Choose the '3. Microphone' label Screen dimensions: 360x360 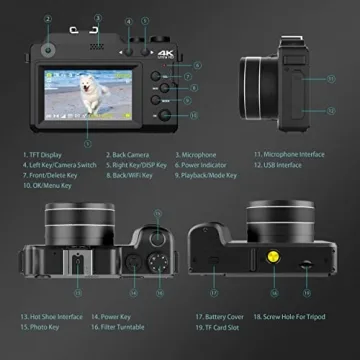click(197, 155)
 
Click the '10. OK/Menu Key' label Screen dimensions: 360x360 click(53, 185)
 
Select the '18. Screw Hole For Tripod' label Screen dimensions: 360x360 click(305, 316)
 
